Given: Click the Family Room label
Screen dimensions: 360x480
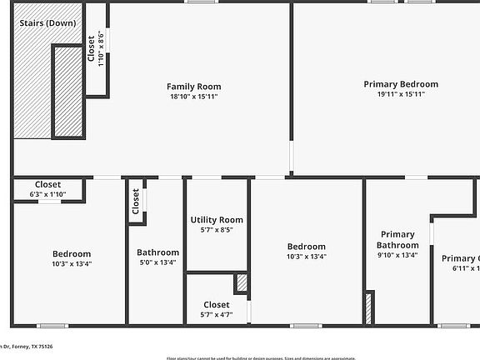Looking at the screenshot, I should pyautogui.click(x=193, y=87).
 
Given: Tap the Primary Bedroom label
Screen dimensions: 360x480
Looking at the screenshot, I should pyautogui.click(x=401, y=84).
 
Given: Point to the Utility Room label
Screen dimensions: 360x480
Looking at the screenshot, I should pyautogui.click(x=217, y=220).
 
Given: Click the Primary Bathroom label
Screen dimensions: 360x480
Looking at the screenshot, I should pyautogui.click(x=397, y=240).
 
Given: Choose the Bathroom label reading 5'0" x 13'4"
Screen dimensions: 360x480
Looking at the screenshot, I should pyautogui.click(x=157, y=252).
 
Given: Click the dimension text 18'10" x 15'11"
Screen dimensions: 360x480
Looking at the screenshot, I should pyautogui.click(x=193, y=97).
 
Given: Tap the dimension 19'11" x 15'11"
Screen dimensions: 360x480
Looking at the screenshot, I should pyautogui.click(x=401, y=94).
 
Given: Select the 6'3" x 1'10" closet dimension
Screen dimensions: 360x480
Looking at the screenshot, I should pyautogui.click(x=47, y=194).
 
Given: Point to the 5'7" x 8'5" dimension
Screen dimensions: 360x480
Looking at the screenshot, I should pyautogui.click(x=217, y=230).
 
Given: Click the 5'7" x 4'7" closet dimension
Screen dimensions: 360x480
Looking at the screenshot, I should pyautogui.click(x=217, y=314).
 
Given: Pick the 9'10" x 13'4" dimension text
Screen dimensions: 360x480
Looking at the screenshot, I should pyautogui.click(x=397, y=256).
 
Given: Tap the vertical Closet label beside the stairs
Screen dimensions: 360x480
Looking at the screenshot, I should pyautogui.click(x=91, y=48).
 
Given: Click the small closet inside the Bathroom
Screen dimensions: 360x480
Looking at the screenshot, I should pyautogui.click(x=136, y=201).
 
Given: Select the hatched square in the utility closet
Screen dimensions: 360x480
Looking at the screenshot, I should pyautogui.click(x=242, y=283).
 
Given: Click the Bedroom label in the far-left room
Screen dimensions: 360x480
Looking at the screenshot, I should pyautogui.click(x=72, y=254).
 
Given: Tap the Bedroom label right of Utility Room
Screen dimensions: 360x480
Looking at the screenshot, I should pyautogui.click(x=307, y=247).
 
